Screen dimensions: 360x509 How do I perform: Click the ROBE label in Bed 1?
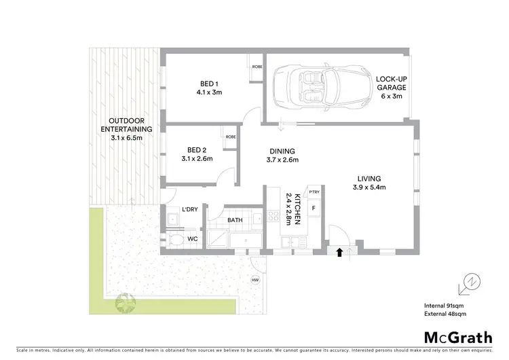[x=257, y=67]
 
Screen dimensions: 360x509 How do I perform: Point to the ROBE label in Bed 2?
[x=231, y=137]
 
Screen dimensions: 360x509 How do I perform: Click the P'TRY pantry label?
[x=314, y=193]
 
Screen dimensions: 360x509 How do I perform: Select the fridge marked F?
[x=314, y=208]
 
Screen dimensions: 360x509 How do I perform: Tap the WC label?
[x=192, y=238]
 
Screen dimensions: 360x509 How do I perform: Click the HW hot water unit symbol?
[x=255, y=280]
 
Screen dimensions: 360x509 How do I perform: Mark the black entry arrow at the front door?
[x=339, y=253]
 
